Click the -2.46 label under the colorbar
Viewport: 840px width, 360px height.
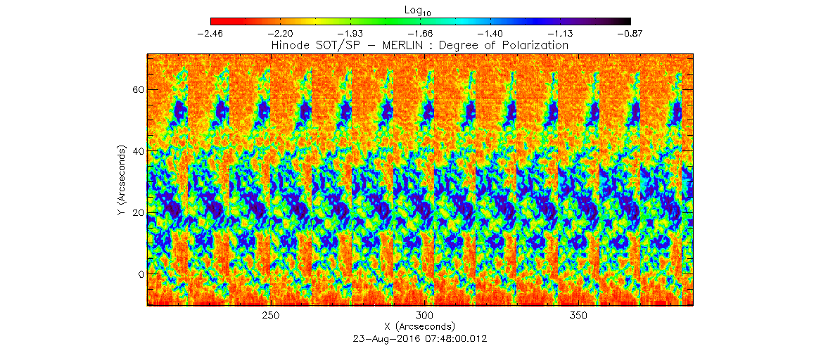(x=210, y=33)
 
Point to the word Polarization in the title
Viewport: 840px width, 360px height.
(x=532, y=45)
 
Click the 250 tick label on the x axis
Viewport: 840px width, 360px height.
(x=271, y=315)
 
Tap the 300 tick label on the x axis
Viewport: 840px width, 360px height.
(x=424, y=315)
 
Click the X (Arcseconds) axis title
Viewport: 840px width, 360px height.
(x=420, y=327)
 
